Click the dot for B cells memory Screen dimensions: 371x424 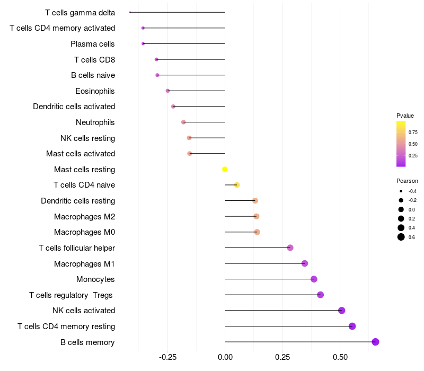(x=375, y=342)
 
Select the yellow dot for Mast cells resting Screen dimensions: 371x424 (x=225, y=169)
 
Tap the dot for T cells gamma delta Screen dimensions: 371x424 (x=130, y=12)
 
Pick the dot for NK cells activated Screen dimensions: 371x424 (x=341, y=311)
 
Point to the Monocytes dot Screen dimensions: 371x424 (x=314, y=279)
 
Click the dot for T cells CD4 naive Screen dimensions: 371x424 (x=237, y=185)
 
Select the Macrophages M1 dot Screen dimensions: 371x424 (x=304, y=263)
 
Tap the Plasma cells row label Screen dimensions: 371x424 (x=93, y=43)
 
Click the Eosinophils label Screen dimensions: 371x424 (x=95, y=91)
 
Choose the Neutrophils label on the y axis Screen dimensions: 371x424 (x=95, y=122)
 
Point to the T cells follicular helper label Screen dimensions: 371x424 (x=77, y=248)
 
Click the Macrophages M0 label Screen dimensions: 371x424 (x=84, y=232)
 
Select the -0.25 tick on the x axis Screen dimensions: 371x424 (x=168, y=358)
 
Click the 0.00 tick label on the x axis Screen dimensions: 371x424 (x=225, y=358)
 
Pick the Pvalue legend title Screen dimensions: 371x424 (x=405, y=116)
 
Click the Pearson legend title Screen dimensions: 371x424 (x=407, y=181)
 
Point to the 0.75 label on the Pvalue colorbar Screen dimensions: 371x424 (x=413, y=132)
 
